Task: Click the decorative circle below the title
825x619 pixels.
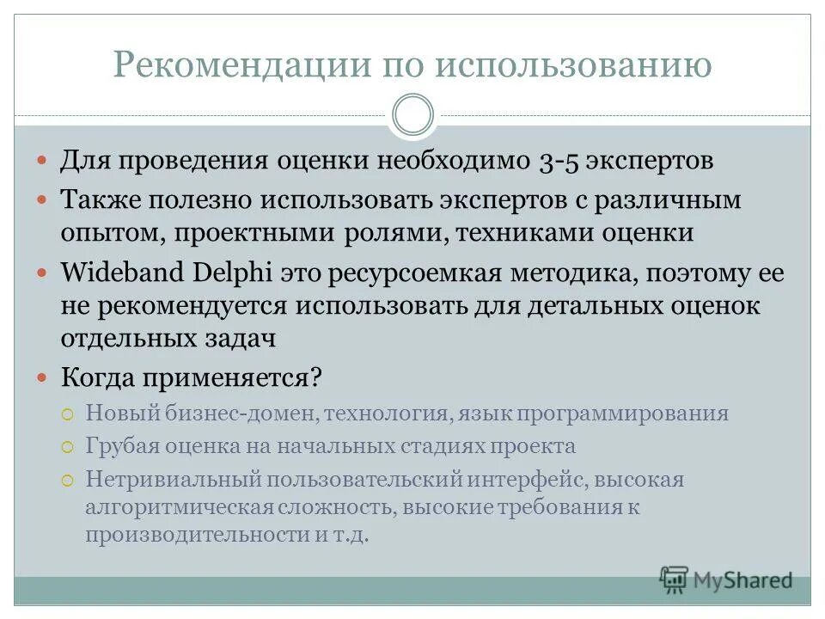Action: [412, 115]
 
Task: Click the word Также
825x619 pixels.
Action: [101, 200]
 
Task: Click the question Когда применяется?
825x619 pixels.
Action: [191, 377]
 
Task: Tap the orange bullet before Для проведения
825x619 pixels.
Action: [42, 161]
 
